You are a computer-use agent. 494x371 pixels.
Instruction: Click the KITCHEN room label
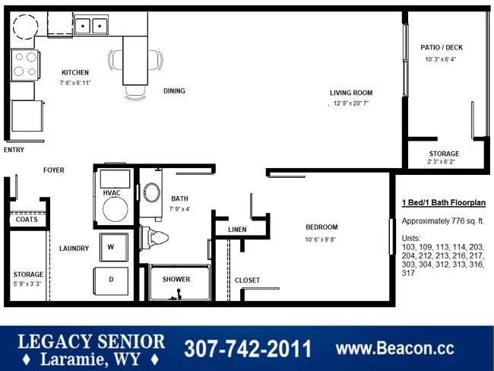tap(75, 72)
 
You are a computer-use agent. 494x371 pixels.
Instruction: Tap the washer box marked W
tap(111, 247)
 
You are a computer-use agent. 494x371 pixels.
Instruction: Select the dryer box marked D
tap(111, 279)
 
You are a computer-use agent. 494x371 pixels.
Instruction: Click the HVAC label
tap(112, 193)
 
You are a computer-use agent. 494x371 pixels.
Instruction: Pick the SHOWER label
tap(176, 279)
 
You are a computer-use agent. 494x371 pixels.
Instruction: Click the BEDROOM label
tap(321, 227)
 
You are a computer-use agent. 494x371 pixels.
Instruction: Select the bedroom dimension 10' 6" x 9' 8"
tap(321, 240)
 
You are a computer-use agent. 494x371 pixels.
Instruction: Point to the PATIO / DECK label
tap(442, 47)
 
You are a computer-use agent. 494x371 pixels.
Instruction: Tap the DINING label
tap(174, 91)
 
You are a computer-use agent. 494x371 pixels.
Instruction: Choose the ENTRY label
tap(14, 150)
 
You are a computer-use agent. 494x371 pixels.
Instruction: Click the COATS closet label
tap(24, 220)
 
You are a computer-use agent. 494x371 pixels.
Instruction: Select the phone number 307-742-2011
tap(247, 349)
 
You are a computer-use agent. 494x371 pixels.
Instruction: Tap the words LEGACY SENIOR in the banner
tap(90, 341)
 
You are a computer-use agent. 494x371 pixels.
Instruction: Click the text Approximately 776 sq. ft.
tap(442, 221)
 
